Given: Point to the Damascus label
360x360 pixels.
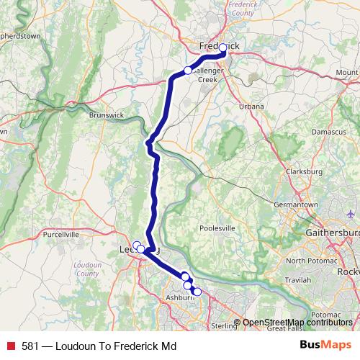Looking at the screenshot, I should pos(329,134).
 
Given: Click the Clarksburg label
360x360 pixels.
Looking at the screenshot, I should pos(302,171).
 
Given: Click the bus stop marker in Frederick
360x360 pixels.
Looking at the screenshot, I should pos(223,48).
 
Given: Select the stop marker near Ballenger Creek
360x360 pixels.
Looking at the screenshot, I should pos(188,71).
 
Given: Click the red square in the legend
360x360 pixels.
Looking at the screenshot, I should pos(11,346).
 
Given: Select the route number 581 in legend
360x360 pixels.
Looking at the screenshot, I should pos(30,346).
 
